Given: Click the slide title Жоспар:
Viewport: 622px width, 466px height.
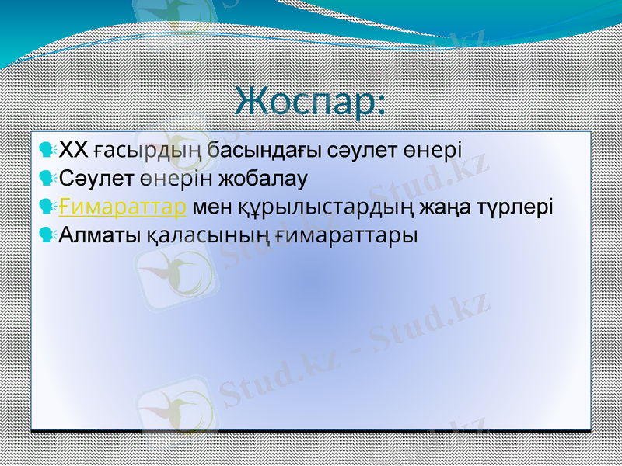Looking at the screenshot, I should pyautogui.click(x=311, y=103).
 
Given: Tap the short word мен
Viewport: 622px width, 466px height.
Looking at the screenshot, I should pyautogui.click(x=210, y=207).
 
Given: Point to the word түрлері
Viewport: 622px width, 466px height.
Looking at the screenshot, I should pyautogui.click(x=517, y=207).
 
